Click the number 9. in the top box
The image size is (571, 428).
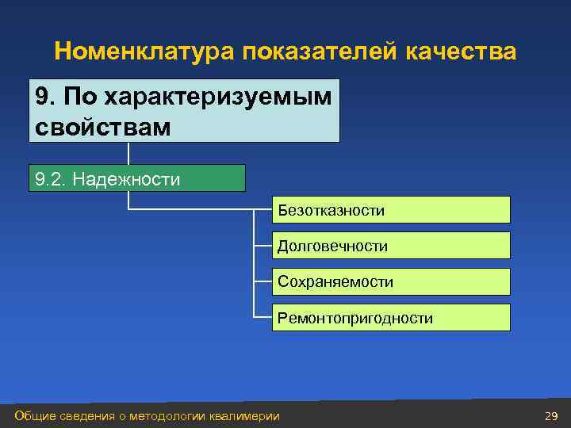click(47, 97)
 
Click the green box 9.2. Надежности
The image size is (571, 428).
click(136, 179)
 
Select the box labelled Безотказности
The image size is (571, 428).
click(391, 210)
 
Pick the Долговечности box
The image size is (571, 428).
click(391, 246)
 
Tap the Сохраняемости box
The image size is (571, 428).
click(391, 282)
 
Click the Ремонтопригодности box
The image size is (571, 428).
click(391, 319)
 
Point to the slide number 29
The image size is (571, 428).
click(551, 416)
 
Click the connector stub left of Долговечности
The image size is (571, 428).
click(263, 246)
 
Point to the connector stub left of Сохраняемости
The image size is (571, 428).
click(263, 282)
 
